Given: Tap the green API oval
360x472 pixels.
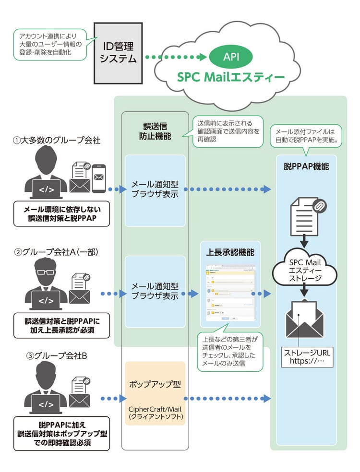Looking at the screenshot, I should click(x=231, y=57).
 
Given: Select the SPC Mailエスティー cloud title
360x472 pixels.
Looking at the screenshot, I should click(x=230, y=77).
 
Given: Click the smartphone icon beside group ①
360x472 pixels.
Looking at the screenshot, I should click(x=98, y=178).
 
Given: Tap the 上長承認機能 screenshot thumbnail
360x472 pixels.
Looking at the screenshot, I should click(x=230, y=293).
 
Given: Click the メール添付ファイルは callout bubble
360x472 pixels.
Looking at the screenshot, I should click(x=305, y=136).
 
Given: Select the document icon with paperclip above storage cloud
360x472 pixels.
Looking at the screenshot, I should click(x=305, y=215).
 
